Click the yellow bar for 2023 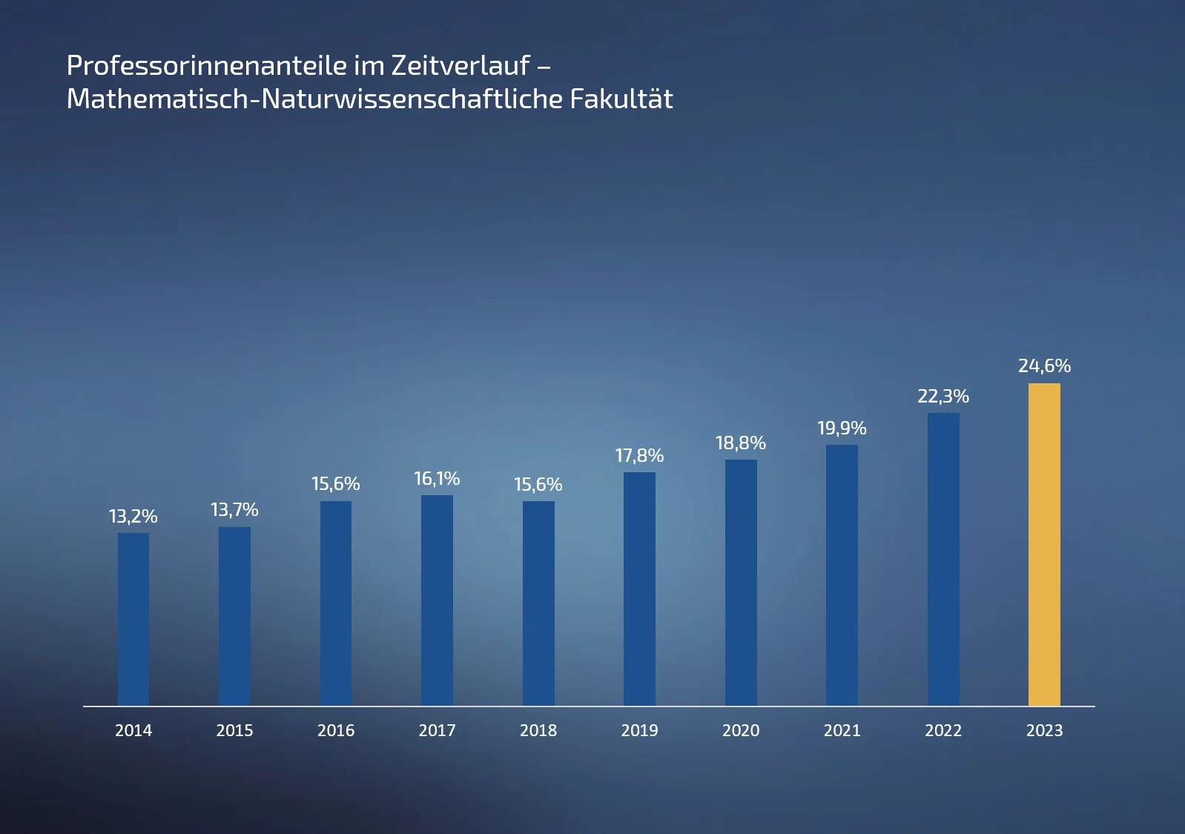coord(1044,545)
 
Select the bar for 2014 coord(133,619)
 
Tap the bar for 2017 coord(437,600)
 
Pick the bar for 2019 coord(639,589)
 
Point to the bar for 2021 coord(842,575)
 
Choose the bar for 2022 coord(943,560)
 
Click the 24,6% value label coord(1044,366)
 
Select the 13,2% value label coord(133,517)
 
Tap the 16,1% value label coord(437,479)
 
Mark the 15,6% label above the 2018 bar coord(538,485)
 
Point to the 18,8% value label coord(741,443)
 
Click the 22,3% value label coord(943,397)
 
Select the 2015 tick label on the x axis coord(234,731)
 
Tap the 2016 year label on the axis coord(336,731)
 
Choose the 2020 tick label coord(741,731)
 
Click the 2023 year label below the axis coord(1044,731)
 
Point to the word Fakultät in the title coord(621,99)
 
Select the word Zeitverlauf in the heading coord(461,66)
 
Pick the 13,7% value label coord(234,510)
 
